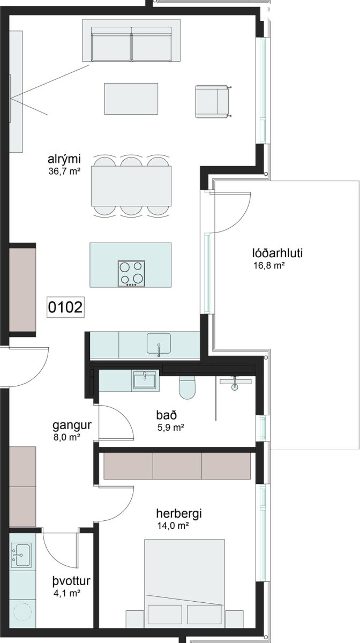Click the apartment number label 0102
pyautogui.click(x=65, y=307)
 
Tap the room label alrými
pyautogui.click(x=64, y=159)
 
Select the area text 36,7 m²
pyautogui.click(x=64, y=171)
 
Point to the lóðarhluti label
pyautogui.click(x=277, y=253)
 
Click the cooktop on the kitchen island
pyautogui.click(x=132, y=274)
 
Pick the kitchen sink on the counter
pyautogui.click(x=159, y=343)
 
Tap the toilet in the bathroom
pyautogui.click(x=187, y=387)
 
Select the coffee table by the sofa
pyautogui.click(x=131, y=99)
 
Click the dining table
pyautogui.click(x=131, y=186)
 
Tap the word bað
pyautogui.click(x=167, y=415)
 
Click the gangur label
pyautogui.click(x=72, y=425)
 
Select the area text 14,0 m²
pyautogui.click(x=173, y=526)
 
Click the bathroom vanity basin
pyautogui.click(x=145, y=380)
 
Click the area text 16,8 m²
pyautogui.click(x=269, y=266)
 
